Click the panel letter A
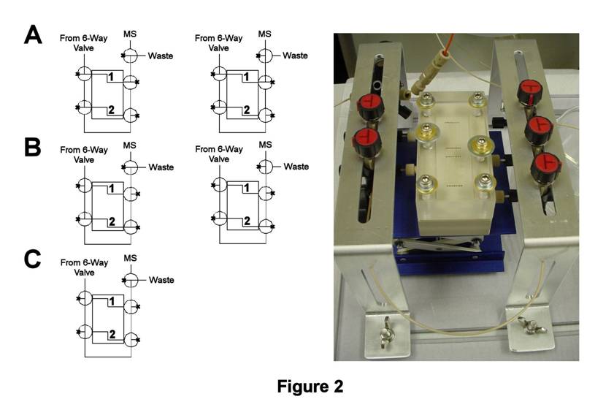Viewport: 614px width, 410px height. pos(32,34)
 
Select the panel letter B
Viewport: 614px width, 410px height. pos(32,146)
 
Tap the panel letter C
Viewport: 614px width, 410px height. pos(32,260)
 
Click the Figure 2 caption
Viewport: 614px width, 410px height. pos(310,386)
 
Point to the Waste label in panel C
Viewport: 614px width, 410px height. pos(161,280)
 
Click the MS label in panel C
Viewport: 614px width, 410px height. pos(131,258)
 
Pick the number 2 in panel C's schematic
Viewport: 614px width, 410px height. pos(112,334)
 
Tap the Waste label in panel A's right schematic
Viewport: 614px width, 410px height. pos(296,56)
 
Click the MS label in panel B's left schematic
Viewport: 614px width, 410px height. pos(131,145)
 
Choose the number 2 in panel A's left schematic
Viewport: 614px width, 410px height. pos(112,110)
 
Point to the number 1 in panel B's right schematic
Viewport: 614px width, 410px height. pos(247,189)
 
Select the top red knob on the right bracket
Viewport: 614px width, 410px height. pos(529,91)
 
